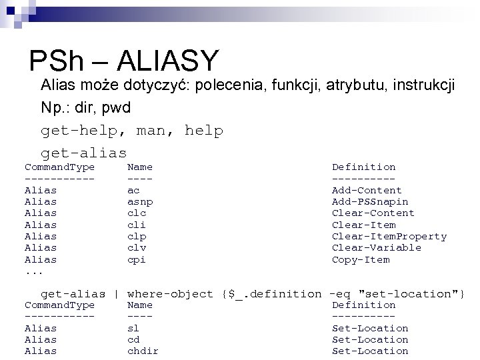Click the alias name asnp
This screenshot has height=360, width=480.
[139, 201]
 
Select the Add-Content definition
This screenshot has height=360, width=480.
[367, 190]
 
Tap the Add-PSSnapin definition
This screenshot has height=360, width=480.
[370, 201]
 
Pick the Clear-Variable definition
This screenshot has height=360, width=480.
[377, 247]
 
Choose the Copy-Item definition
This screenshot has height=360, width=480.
[361, 259]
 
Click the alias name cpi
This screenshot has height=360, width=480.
[136, 259]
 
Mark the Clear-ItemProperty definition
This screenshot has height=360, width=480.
[389, 236]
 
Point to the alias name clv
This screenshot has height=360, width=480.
[136, 247]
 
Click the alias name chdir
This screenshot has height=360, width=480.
[143, 351]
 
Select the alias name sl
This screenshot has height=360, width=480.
[133, 328]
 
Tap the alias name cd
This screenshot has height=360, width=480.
[133, 339]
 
